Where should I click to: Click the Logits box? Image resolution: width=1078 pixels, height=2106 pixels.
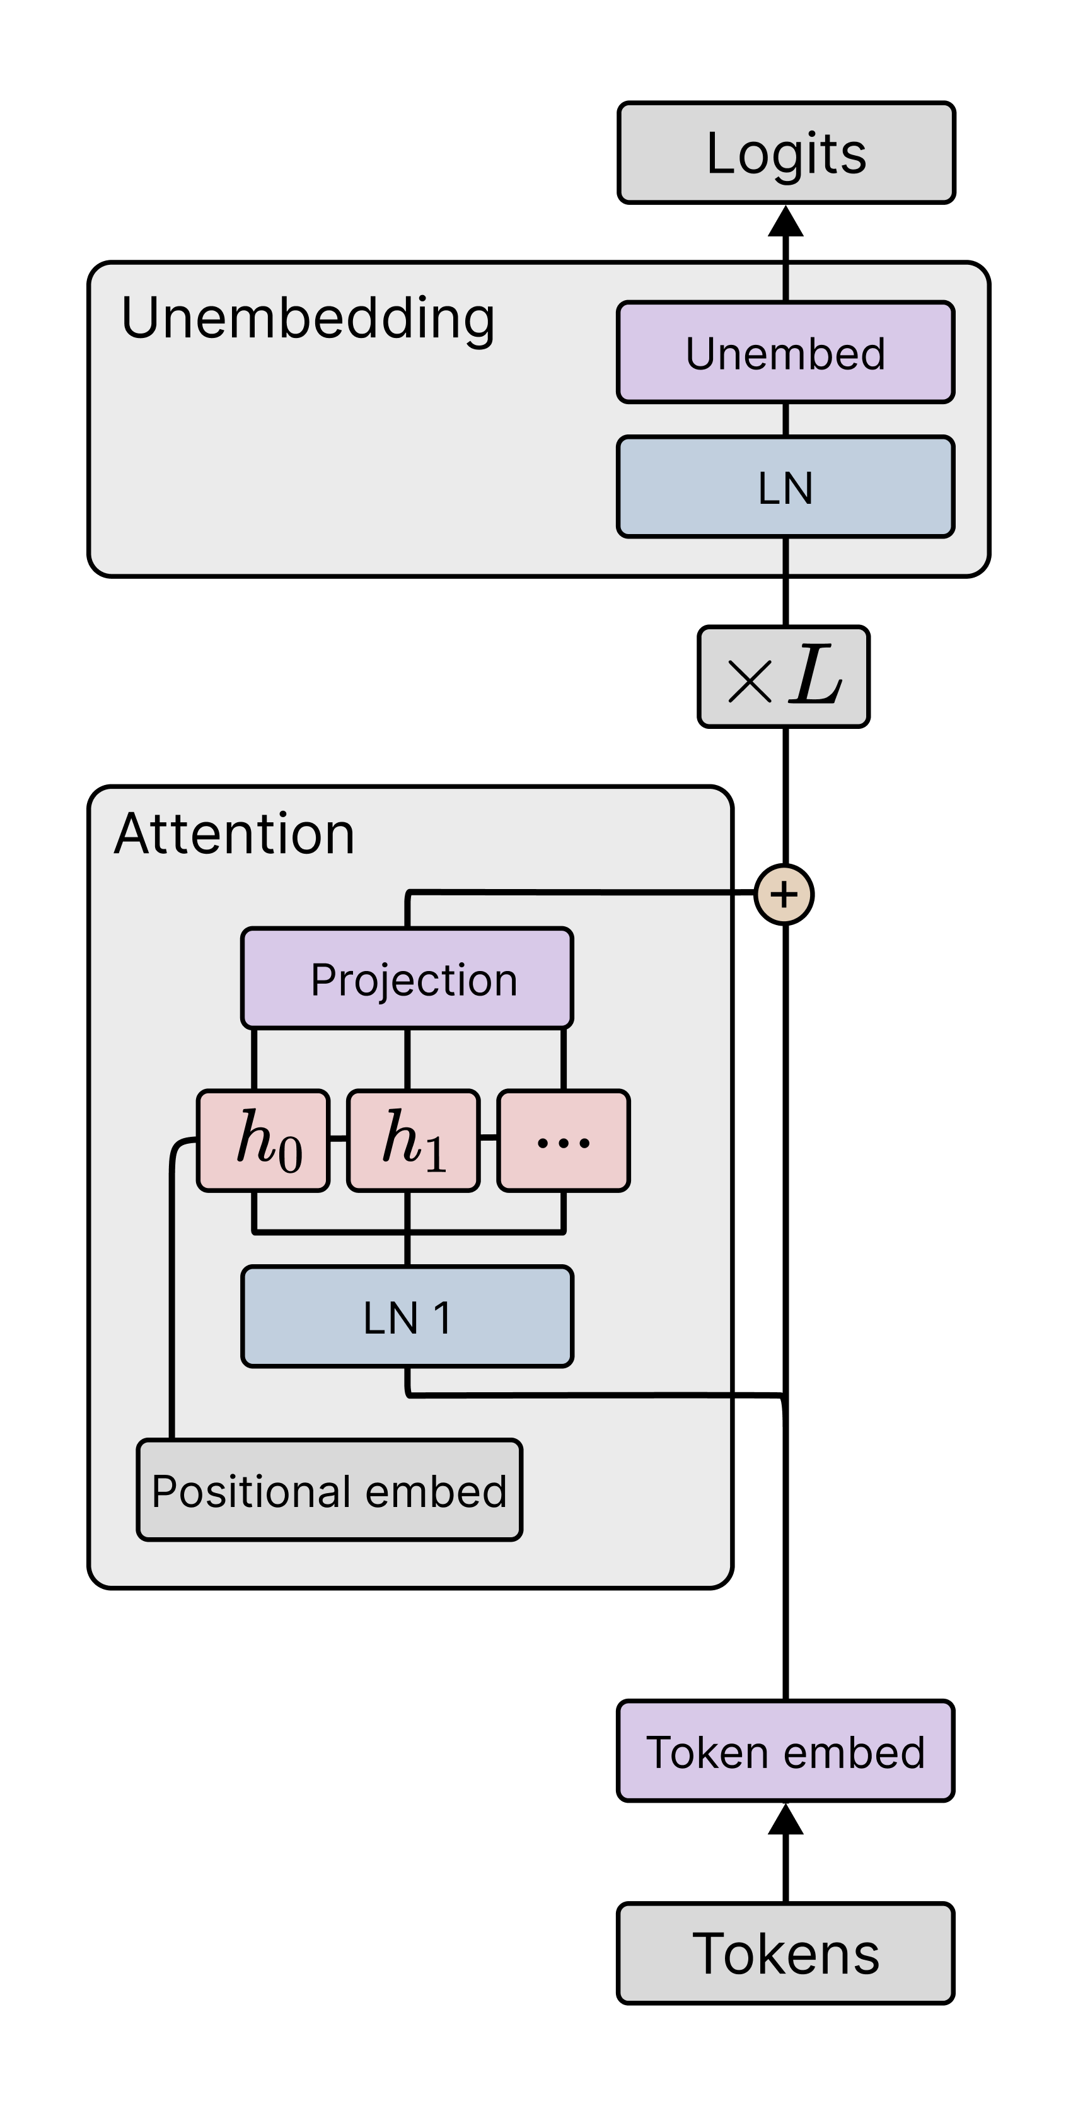tap(785, 153)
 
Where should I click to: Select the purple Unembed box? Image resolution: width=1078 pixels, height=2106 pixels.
tap(785, 352)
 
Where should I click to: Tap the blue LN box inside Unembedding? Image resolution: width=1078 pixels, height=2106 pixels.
tap(785, 487)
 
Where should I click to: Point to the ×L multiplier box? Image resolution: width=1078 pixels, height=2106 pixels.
tap(783, 677)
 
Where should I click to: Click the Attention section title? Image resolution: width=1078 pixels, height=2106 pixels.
tap(235, 834)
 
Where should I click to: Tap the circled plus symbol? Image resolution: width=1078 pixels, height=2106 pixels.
tap(784, 894)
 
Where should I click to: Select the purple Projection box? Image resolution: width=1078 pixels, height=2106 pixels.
tap(407, 978)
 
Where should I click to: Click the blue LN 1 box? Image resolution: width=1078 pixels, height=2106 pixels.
tap(407, 1317)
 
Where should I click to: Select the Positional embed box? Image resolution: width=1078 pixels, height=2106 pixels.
tap(329, 1489)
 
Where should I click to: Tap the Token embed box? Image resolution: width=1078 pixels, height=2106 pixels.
tap(785, 1751)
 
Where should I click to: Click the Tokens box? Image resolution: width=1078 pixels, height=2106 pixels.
tap(785, 1953)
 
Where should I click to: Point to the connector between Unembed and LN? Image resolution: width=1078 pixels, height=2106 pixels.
tap(785, 419)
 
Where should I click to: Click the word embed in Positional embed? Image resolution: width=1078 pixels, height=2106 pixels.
tap(436, 1491)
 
